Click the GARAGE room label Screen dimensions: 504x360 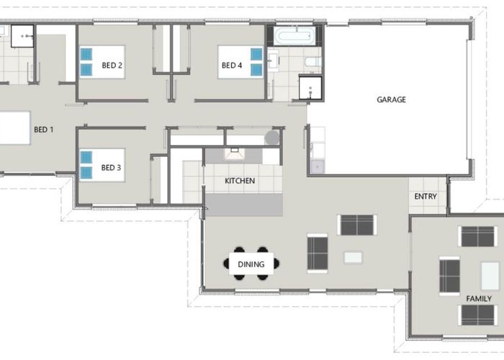click(391, 99)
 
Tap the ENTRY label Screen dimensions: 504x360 click(426, 197)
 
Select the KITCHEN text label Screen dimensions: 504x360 click(240, 181)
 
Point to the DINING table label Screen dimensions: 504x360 click(251, 264)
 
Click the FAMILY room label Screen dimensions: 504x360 click(479, 299)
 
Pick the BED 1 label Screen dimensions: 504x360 click(44, 130)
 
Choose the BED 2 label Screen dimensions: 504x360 click(112, 66)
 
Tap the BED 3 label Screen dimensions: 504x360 click(111, 168)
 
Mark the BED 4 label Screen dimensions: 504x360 click(232, 66)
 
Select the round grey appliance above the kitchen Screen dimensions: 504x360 click(272, 138)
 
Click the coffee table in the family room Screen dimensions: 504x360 click(490, 276)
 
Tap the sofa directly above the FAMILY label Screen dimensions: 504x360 click(477, 236)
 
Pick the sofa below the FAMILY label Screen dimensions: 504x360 click(477, 315)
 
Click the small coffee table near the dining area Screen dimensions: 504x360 click(354, 258)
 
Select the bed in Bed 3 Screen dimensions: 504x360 click(102, 165)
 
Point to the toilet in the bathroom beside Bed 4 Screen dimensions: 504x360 click(312, 62)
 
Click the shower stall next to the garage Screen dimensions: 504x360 click(310, 88)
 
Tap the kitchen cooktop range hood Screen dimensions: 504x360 click(234, 153)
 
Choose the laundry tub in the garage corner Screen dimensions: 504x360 click(318, 167)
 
